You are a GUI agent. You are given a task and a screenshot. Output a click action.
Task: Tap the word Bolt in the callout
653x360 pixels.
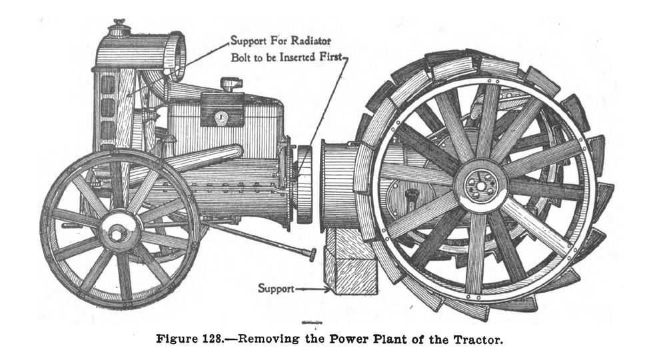(x=241, y=57)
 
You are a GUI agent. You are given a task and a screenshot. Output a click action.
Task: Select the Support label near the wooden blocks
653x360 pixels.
(x=276, y=288)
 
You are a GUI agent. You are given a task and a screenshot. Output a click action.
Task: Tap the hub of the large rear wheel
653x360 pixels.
(x=480, y=185)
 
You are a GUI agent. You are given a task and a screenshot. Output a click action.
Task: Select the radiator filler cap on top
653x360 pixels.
(x=119, y=28)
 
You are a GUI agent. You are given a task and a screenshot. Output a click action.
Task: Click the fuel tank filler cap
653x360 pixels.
(x=231, y=84)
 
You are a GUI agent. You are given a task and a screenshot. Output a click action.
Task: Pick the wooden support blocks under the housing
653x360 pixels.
(x=350, y=261)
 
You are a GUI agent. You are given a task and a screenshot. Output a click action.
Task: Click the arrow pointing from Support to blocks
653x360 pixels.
(x=313, y=288)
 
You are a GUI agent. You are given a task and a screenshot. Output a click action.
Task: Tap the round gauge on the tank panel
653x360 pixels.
(x=221, y=117)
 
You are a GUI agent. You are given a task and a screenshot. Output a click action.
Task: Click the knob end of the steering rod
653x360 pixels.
(x=312, y=254)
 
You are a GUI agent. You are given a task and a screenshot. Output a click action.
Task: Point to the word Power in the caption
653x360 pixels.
(x=348, y=339)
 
